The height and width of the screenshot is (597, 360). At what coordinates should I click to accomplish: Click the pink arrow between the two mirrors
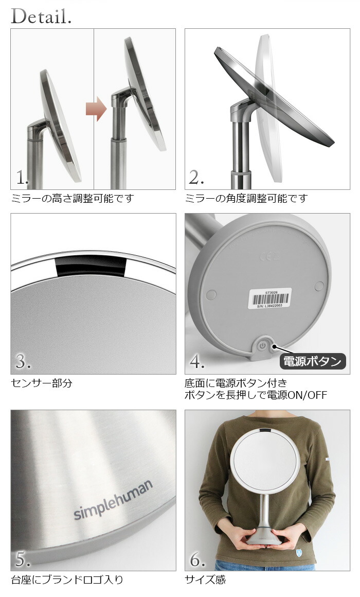96,110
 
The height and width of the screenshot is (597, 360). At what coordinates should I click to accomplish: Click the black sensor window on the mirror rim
91,266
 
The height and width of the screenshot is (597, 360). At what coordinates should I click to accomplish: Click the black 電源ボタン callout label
313,361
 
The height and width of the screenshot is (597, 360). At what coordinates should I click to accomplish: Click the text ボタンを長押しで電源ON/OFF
256,395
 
